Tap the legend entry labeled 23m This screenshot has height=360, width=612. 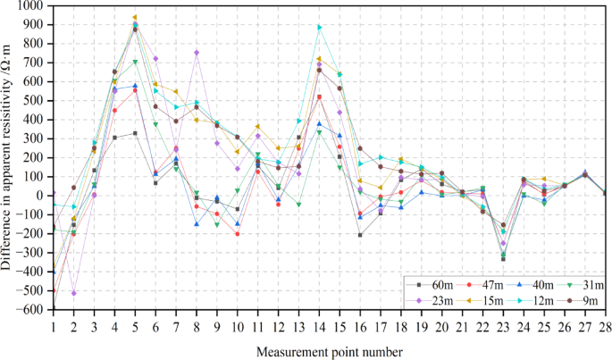pyautogui.click(x=432, y=299)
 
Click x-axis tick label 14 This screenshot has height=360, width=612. pyautogui.click(x=319, y=327)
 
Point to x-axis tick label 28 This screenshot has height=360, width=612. pyautogui.click(x=605, y=327)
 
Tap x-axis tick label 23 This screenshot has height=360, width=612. pyautogui.click(x=503, y=327)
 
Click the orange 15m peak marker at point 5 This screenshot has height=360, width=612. pyautogui.click(x=135, y=17)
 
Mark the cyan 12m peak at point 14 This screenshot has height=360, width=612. pyautogui.click(x=319, y=27)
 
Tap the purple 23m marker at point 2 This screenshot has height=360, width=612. pyautogui.click(x=73, y=293)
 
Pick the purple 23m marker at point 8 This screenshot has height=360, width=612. pyautogui.click(x=197, y=53)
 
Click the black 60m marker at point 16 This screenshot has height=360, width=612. pyautogui.click(x=360, y=235)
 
